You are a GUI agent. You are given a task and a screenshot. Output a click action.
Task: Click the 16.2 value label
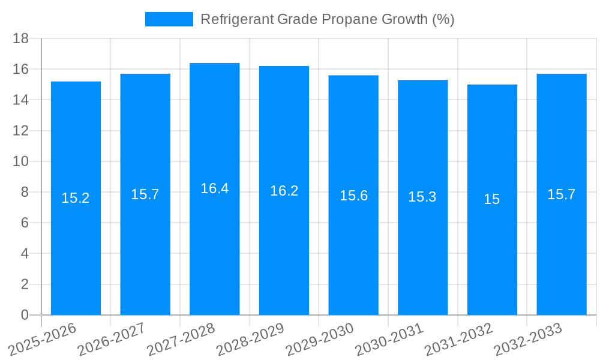coord(284,191)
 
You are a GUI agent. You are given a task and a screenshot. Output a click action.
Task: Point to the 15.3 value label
coord(422,197)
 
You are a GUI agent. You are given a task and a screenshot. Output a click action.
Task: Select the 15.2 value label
coord(76,198)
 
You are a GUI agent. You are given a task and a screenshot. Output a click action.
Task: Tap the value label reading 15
coord(492,199)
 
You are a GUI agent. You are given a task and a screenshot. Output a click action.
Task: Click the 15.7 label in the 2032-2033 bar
coord(561,194)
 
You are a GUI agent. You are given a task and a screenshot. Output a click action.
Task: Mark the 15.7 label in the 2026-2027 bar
coord(145,194)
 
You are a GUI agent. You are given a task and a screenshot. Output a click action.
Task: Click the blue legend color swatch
coord(169,19)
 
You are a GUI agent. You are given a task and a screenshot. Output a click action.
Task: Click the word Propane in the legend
coord(349,19)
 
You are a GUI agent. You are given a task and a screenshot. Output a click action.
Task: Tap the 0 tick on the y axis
coord(25,315)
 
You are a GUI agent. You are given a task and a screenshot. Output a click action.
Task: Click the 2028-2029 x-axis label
coord(250,340)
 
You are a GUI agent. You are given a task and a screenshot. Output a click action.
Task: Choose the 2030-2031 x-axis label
coord(389,340)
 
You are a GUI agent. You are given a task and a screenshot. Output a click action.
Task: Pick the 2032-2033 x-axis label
coord(528,340)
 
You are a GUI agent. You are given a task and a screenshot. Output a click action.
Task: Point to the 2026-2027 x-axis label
coord(112,340)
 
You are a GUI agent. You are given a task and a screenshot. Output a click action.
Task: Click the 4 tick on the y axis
coord(25,254)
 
